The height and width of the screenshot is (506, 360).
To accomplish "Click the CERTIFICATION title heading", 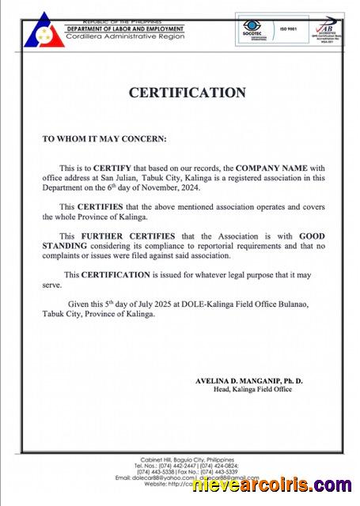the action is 187,93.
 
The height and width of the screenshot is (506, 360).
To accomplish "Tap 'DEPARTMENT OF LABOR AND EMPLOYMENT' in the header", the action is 123,28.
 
